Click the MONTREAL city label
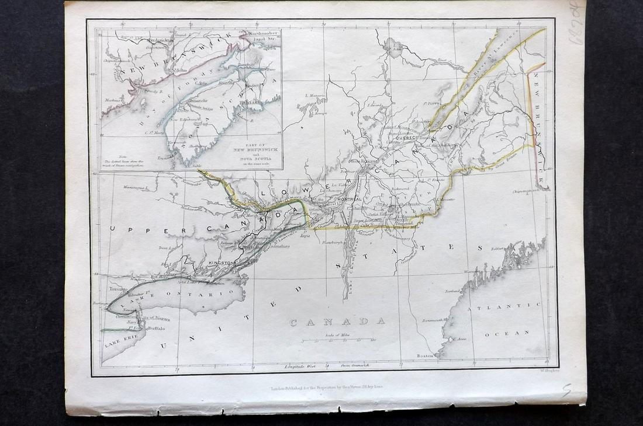[x=349, y=199]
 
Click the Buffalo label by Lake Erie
[x=155, y=329]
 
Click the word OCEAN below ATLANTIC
[x=509, y=333]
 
